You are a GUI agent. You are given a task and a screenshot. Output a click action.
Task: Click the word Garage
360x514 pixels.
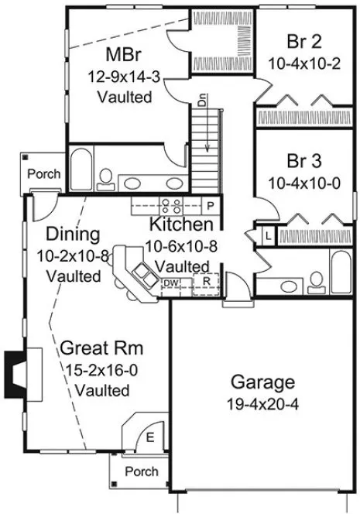(x=262, y=382)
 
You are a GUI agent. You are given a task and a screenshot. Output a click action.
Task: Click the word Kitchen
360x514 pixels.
(x=181, y=225)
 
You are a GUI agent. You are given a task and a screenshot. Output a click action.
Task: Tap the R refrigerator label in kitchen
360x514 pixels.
(x=207, y=281)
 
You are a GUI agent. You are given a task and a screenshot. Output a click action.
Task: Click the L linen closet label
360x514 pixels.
(x=267, y=235)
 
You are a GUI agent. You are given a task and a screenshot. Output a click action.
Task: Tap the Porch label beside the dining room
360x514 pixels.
(x=43, y=174)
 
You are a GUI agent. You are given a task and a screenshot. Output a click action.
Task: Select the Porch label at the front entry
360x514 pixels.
(x=141, y=471)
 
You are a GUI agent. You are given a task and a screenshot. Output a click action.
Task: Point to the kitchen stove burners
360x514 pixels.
(x=170, y=206)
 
